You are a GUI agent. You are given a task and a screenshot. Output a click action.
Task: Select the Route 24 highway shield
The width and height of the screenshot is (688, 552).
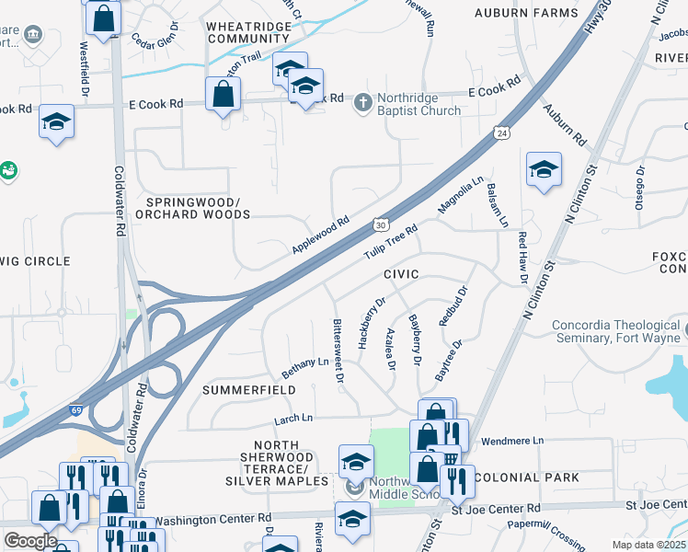pyautogui.click(x=501, y=132)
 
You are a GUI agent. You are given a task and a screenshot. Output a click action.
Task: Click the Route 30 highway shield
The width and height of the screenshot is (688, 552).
pyautogui.click(x=381, y=224)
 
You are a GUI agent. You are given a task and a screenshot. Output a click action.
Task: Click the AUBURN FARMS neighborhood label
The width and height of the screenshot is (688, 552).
pyautogui.click(x=526, y=13)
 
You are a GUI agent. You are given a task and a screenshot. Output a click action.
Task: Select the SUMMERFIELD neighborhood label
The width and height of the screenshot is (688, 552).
pyautogui.click(x=248, y=390)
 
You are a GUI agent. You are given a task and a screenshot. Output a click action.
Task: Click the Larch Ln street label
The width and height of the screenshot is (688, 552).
pyautogui.click(x=294, y=419)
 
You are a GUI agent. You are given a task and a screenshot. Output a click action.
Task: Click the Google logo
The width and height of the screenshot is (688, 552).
pyautogui.click(x=30, y=540)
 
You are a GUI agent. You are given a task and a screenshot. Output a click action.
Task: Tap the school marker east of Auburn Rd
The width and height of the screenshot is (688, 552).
pyautogui.click(x=544, y=169)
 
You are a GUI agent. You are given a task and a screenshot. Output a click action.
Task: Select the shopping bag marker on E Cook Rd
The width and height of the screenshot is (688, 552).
pyautogui.click(x=223, y=94)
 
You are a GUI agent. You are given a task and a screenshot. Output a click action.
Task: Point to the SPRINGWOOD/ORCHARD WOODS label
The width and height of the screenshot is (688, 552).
pyautogui.click(x=192, y=208)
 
